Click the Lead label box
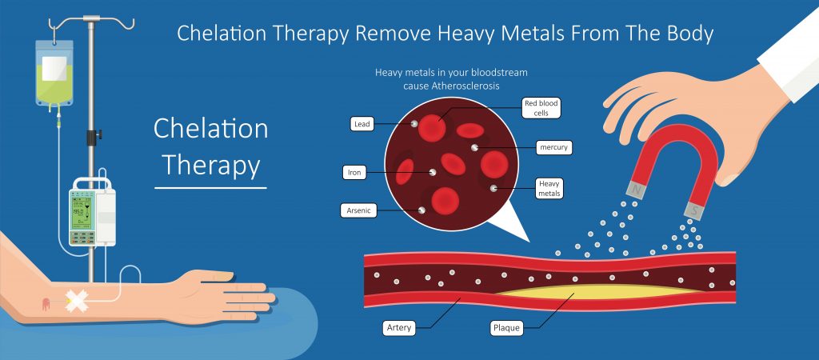pyautogui.click(x=362, y=124)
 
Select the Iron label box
pyautogui.click(x=354, y=173)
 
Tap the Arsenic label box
pyautogui.click(x=358, y=210)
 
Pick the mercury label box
pyautogui.click(x=553, y=147)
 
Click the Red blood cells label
pyautogui.click(x=541, y=108)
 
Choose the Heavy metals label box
pyautogui.click(x=549, y=189)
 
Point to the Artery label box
pyautogui.click(x=400, y=329)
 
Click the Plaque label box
pyautogui.click(x=506, y=329)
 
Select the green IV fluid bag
pyautogui.click(x=54, y=73)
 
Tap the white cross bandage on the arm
pyautogui.click(x=75, y=301)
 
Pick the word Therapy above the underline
pyautogui.click(x=211, y=165)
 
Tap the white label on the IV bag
pyautogui.click(x=54, y=69)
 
